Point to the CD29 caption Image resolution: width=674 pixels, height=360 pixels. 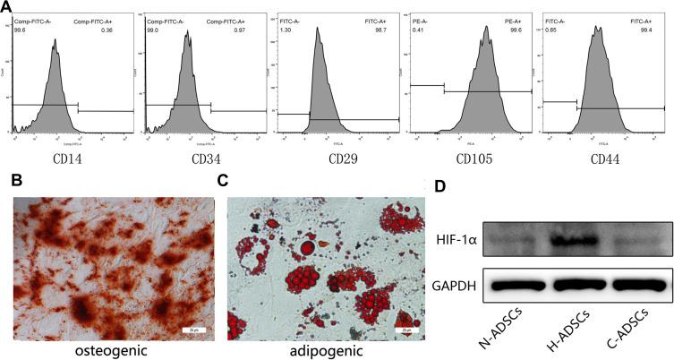click(337, 159)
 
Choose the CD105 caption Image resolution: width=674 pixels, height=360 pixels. click(470, 159)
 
